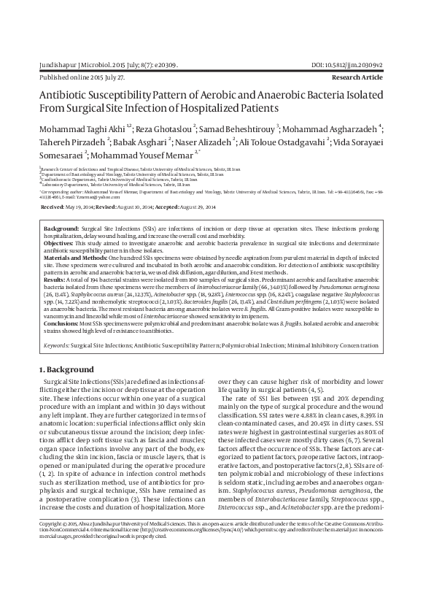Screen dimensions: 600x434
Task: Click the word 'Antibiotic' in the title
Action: (71, 94)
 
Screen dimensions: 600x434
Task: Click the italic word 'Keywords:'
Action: (59, 343)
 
